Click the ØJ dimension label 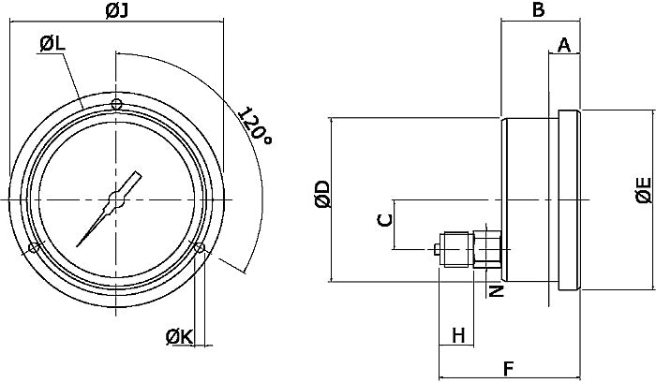(x=116, y=11)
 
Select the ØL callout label (x=53, y=44)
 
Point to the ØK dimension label (x=179, y=336)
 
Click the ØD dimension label (x=321, y=194)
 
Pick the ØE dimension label (x=643, y=188)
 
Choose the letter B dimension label (x=538, y=10)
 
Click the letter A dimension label (x=564, y=45)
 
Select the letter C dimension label (x=382, y=220)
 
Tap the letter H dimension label (x=458, y=334)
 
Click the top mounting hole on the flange (x=115, y=104)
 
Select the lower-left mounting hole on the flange (x=33, y=248)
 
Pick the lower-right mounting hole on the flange (x=199, y=247)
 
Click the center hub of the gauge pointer (x=115, y=199)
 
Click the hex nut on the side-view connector (x=489, y=248)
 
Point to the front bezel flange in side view (x=570, y=201)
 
